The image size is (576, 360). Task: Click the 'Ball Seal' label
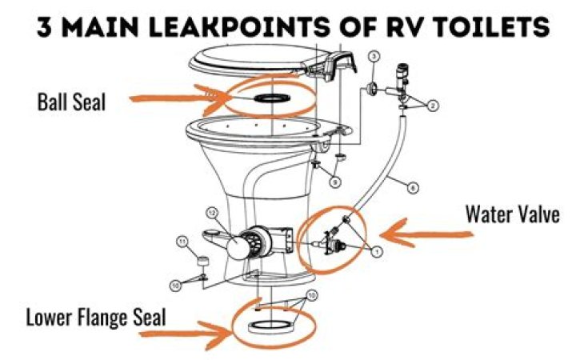tap(71, 102)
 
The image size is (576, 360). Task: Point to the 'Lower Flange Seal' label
tap(96, 317)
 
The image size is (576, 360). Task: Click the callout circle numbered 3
tap(374, 57)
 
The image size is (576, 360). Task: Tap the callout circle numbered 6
tap(412, 189)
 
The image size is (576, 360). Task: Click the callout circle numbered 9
tap(335, 182)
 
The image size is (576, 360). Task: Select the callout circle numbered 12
tap(212, 213)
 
